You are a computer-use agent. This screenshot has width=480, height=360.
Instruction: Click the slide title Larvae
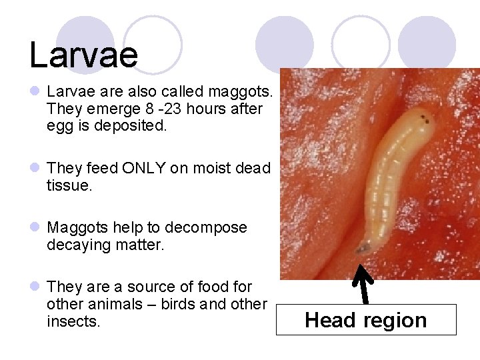pos(83,55)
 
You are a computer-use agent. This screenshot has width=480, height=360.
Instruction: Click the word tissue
pos(69,185)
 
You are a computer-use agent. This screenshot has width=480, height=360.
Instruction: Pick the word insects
pos(73,322)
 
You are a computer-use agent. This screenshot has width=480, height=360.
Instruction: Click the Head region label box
pos(365,320)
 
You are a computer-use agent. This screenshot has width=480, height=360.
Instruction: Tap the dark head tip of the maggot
pos(363,249)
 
